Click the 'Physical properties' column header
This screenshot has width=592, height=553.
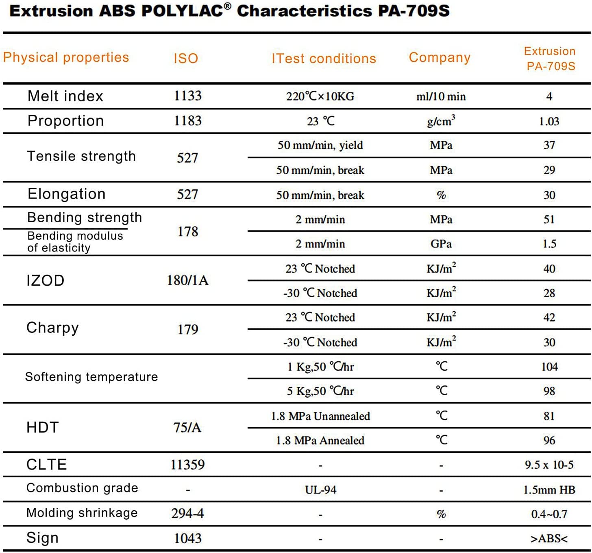pos(66,57)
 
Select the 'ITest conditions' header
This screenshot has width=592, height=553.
pos(324,59)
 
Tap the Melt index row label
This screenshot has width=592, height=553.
pos(65,96)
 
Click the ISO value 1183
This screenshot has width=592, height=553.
pos(187,121)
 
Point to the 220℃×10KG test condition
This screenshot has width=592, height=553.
pos(320,96)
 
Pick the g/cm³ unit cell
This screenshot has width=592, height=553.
pos(441,121)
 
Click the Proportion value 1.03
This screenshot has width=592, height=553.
pos(549,121)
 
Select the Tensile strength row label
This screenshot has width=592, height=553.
pos(81,156)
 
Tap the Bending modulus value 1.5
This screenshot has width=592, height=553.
pos(549,244)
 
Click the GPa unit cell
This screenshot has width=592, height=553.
pos(441,244)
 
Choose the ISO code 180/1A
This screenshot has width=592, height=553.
pos(187,280)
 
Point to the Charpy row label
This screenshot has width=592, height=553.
pos(52,328)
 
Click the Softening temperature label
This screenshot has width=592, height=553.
pos(91,377)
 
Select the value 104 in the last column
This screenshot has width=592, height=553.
pos(549,367)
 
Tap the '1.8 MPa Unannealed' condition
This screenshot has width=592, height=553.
pos(320,416)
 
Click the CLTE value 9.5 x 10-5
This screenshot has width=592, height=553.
pos(549,465)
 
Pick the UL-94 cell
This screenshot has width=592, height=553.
pos(320,490)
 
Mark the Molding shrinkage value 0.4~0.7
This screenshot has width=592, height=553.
pos(549,514)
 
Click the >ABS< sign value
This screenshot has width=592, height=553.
pos(549,539)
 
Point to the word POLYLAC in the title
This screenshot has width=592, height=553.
pos(183,11)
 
